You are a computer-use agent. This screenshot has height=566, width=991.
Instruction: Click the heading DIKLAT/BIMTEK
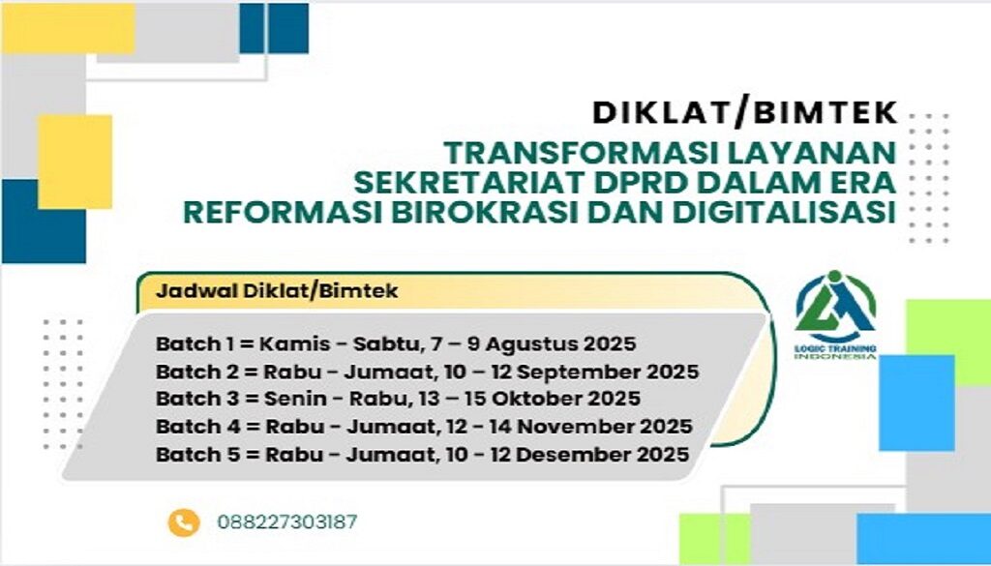(745, 113)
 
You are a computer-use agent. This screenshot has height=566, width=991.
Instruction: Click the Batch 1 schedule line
(396, 344)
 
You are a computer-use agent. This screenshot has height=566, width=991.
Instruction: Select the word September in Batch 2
(586, 372)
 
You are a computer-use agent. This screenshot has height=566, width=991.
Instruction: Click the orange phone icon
(183, 522)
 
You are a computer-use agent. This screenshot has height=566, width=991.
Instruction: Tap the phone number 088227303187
(287, 522)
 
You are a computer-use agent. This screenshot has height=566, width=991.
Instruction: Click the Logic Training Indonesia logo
(836, 315)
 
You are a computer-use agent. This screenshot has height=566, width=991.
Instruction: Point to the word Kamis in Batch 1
(287, 344)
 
